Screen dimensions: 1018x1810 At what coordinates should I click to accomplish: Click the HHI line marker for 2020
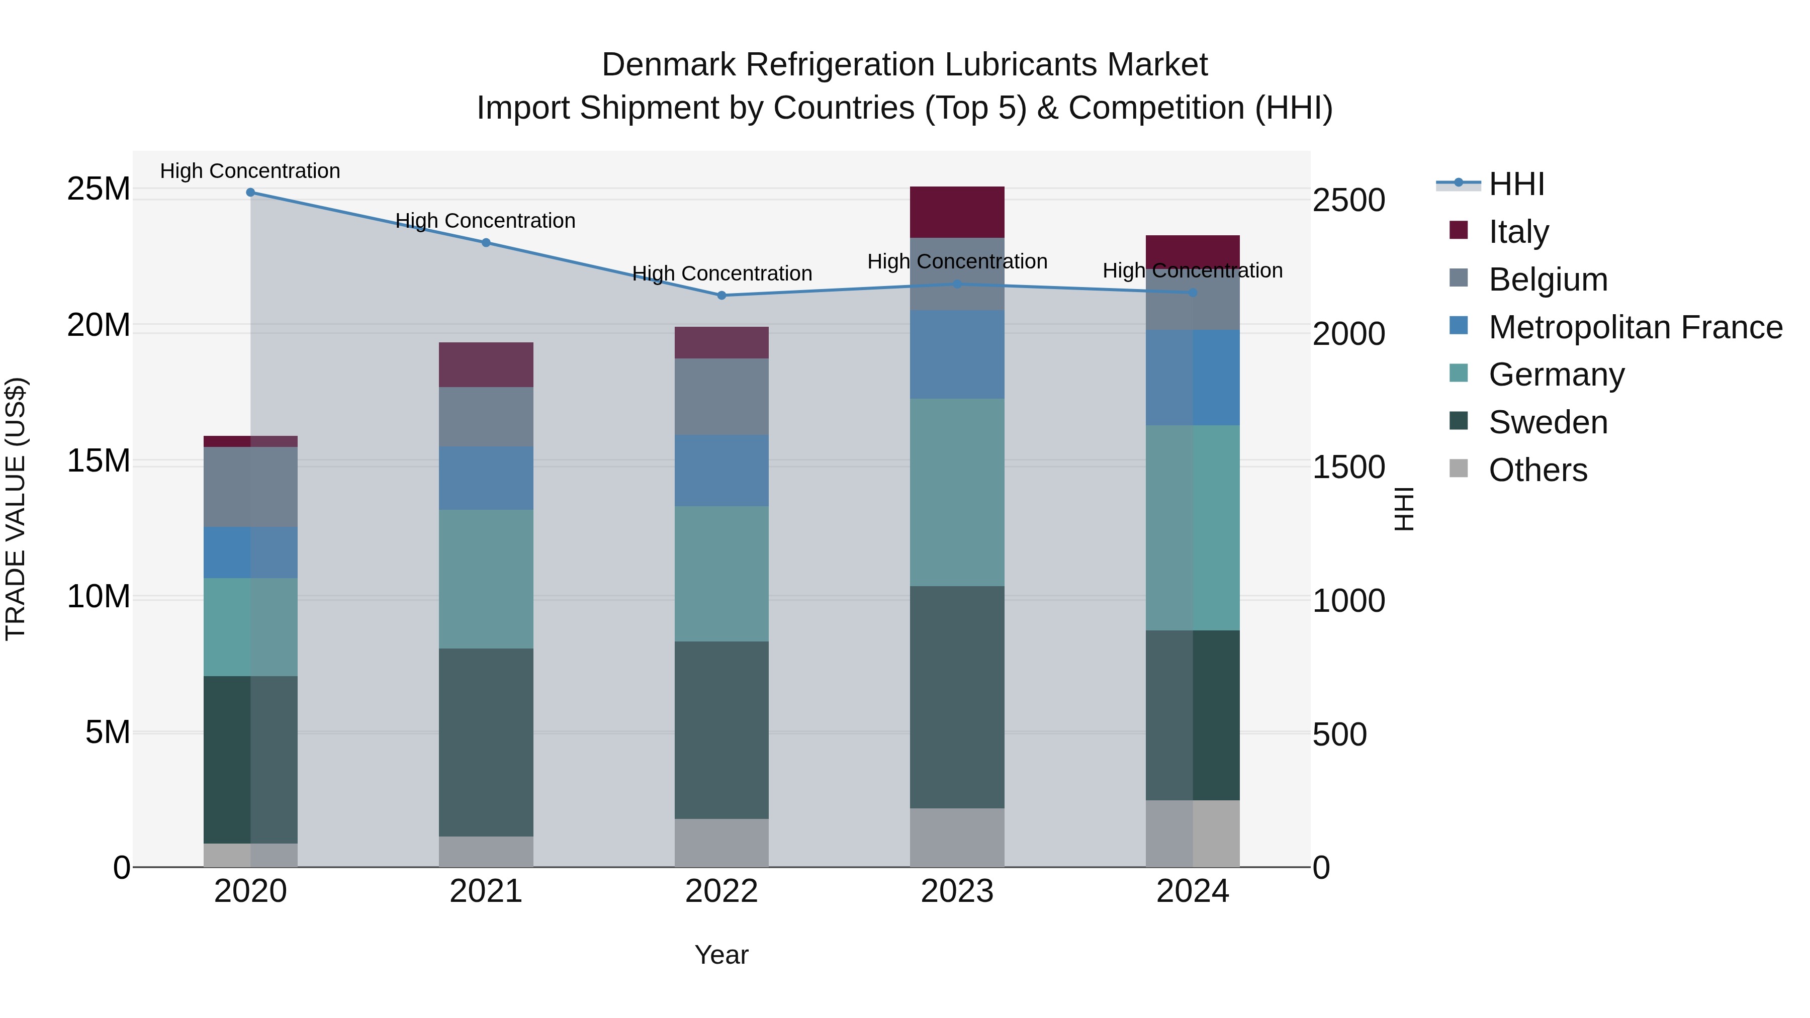click(250, 193)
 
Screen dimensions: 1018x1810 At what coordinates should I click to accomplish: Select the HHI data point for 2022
click(721, 296)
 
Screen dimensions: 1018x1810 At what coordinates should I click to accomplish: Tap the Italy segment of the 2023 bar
click(957, 212)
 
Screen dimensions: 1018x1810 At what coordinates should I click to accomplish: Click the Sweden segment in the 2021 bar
click(486, 742)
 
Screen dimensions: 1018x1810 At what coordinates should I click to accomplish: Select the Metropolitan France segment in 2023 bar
click(957, 355)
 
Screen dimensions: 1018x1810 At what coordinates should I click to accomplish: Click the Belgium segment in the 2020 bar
click(250, 487)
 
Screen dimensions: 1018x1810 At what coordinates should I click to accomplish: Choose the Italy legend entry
click(1518, 232)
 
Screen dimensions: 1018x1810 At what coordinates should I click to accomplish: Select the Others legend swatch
click(1459, 469)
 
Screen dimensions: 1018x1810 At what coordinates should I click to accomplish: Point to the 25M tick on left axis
click(99, 189)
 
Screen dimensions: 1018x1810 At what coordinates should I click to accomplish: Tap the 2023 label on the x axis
click(957, 891)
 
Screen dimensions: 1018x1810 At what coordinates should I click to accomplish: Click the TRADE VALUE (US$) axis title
click(16, 509)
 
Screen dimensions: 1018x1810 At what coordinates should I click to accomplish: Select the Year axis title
click(721, 955)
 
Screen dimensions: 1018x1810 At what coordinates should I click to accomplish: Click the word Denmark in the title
click(668, 65)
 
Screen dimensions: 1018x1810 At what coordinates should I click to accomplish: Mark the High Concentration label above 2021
click(486, 221)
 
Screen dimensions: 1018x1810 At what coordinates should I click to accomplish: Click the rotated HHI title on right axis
click(1404, 509)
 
